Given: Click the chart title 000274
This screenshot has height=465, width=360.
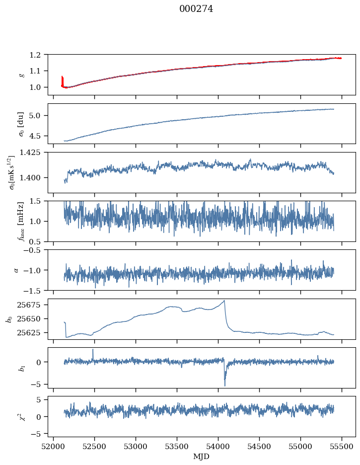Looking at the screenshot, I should pyautogui.click(x=196, y=9).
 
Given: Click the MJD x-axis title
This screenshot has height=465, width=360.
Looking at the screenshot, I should pyautogui.click(x=202, y=456).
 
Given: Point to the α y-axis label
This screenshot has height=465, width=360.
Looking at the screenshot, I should pyautogui.click(x=17, y=270).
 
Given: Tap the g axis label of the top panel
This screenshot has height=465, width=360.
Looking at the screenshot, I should pyautogui.click(x=21, y=75).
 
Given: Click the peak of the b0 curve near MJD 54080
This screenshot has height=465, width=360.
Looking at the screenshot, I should pyautogui.click(x=224, y=301).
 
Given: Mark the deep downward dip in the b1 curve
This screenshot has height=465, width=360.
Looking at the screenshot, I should pyautogui.click(x=224, y=385).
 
